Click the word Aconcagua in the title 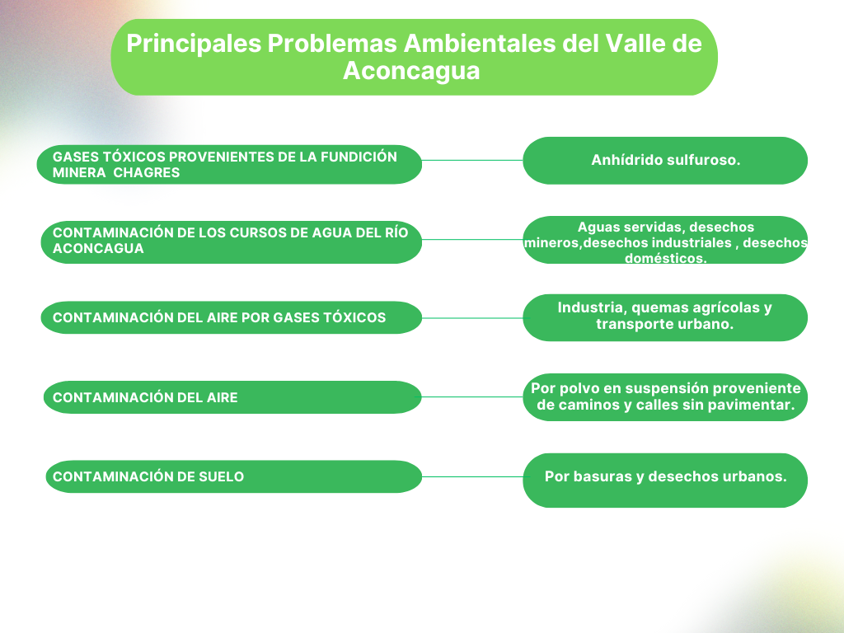pos(411,72)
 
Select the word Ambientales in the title pos(480,43)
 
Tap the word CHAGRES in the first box pos(147,173)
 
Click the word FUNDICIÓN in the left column pos(359,157)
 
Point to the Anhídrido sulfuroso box pos(665,161)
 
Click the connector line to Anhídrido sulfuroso pos(472,161)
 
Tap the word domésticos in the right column pos(665,258)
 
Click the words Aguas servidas pos(629,227)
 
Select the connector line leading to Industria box pos(472,318)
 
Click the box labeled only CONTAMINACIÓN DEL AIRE pos(232,397)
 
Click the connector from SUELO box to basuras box pos(472,477)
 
